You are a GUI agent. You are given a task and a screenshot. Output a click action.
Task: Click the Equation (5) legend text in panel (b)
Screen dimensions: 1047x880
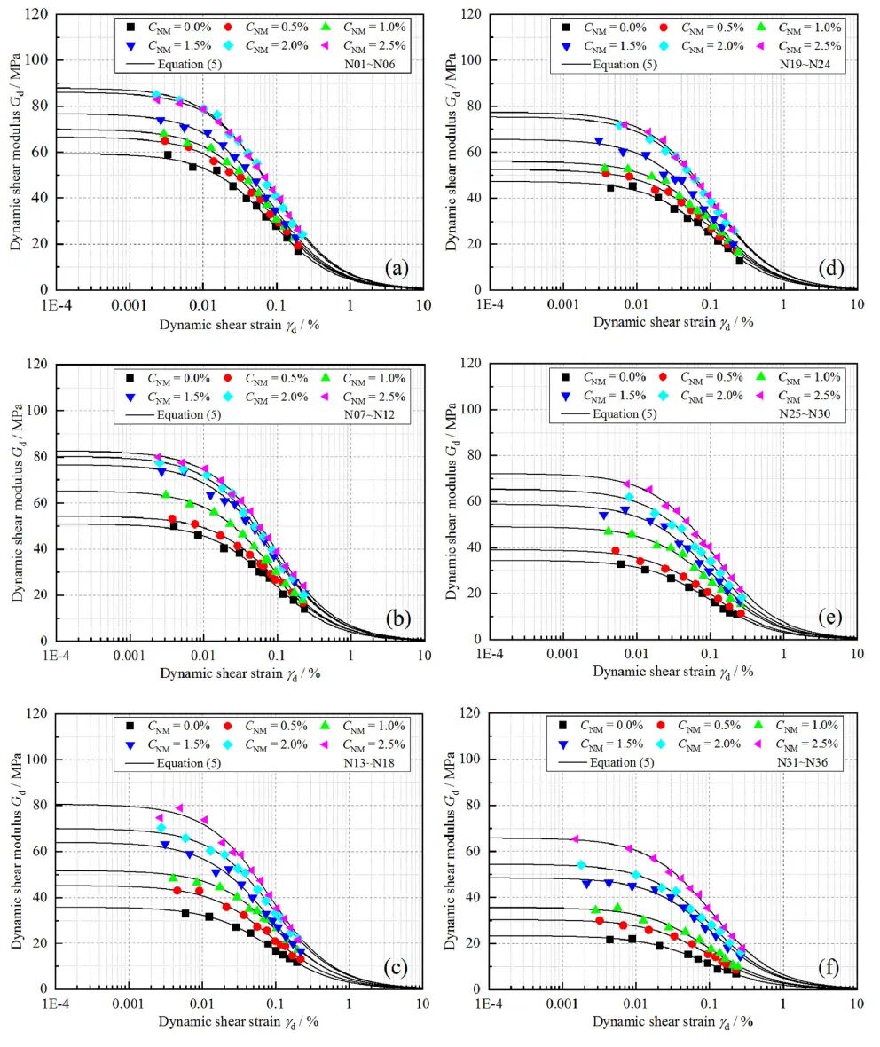pyautogui.click(x=181, y=413)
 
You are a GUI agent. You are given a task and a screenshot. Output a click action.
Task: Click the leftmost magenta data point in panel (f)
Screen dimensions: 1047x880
pyautogui.click(x=575, y=838)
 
